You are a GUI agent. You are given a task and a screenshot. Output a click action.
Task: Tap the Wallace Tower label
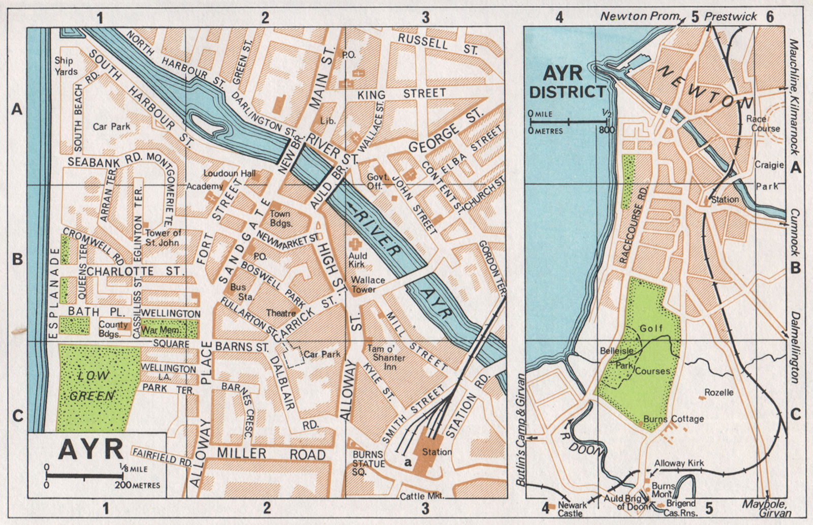pyautogui.click(x=367, y=284)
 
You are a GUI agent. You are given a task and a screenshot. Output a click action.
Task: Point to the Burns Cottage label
pyautogui.click(x=673, y=419)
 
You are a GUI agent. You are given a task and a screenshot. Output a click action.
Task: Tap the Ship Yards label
pyautogui.click(x=66, y=66)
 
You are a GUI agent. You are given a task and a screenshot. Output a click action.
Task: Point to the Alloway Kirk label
pyautogui.click(x=679, y=463)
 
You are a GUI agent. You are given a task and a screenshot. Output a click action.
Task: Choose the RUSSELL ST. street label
pyautogui.click(x=437, y=44)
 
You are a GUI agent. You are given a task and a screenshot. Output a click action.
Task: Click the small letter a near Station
pyautogui.click(x=407, y=461)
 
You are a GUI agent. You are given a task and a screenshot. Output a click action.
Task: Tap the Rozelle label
pyautogui.click(x=718, y=392)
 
